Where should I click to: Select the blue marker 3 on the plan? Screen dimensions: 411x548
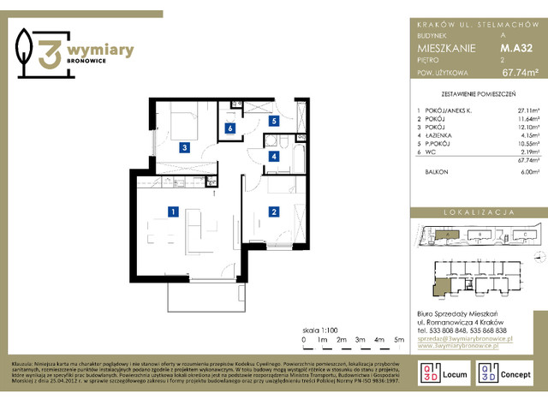point(184,147)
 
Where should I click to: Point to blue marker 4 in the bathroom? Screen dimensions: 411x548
point(273,157)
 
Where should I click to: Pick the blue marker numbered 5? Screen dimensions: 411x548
point(273,122)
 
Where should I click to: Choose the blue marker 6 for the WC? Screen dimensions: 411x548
point(229,129)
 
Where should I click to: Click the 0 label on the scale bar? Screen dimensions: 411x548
point(304,339)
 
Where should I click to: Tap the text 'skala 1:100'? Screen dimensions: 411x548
point(320,328)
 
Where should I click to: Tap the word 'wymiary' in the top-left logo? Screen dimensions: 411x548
point(100,51)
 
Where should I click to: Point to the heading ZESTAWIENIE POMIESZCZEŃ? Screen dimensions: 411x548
point(478,96)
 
